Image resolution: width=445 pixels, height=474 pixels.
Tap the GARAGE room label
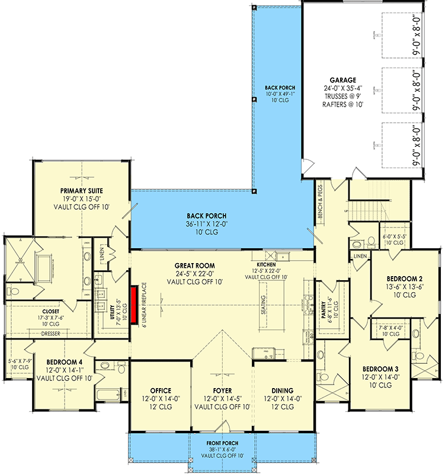pyautogui.click(x=343, y=79)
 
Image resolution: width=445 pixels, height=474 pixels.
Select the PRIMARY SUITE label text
pyautogui.click(x=81, y=191)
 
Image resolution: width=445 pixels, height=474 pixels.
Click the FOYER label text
pyautogui.click(x=223, y=390)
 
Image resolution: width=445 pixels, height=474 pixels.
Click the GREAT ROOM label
pyautogui.click(x=196, y=265)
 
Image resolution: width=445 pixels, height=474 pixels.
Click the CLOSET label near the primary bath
pyautogui.click(x=50, y=311)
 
